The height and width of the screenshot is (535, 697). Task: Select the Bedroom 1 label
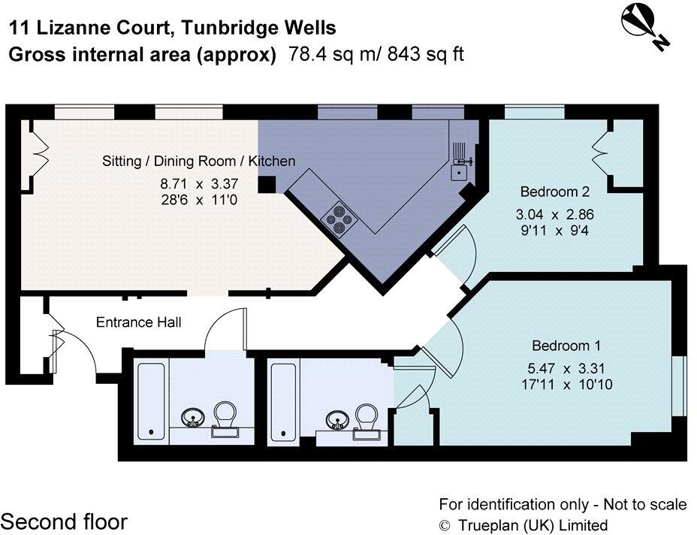566,346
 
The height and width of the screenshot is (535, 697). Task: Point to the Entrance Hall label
139,322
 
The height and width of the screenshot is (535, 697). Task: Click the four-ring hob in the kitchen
339,216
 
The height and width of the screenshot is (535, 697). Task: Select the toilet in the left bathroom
225,417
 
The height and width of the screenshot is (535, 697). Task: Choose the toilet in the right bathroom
367,417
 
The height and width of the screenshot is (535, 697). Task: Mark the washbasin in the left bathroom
194,417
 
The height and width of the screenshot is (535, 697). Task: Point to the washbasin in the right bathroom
336,419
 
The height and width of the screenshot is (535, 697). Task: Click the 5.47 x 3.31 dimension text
566,368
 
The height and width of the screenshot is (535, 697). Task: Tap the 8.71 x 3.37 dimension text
198,183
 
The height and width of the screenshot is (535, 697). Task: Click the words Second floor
64,521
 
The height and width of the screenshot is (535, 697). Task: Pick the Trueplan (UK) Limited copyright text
523,525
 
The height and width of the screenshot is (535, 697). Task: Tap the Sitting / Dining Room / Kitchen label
198,161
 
